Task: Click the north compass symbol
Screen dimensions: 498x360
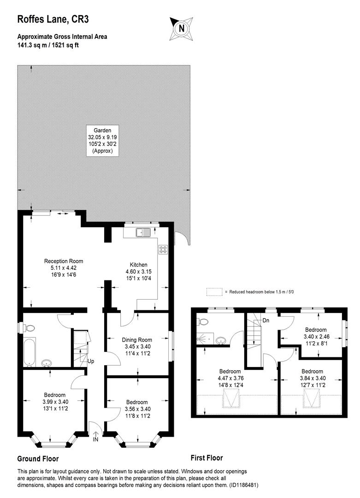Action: tap(182, 27)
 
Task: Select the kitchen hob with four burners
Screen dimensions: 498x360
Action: tap(163, 249)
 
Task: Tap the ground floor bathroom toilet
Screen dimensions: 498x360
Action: tap(29, 328)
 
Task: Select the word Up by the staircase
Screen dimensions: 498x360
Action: tap(91, 362)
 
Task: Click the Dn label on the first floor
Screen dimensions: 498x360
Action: tap(266, 320)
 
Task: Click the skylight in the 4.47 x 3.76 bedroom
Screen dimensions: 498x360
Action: tap(230, 398)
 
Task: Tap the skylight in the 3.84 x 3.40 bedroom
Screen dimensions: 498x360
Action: tap(312, 398)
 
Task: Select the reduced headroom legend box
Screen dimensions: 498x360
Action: tap(214, 292)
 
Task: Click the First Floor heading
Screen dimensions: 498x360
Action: tap(207, 458)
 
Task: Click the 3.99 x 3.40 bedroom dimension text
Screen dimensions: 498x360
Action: tap(55, 402)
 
